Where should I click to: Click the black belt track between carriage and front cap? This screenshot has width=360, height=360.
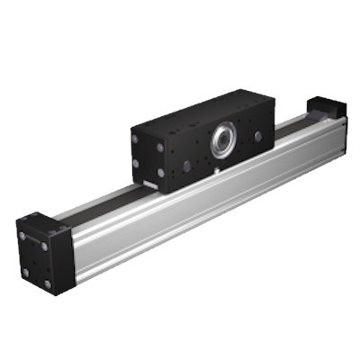tap(99, 203)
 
